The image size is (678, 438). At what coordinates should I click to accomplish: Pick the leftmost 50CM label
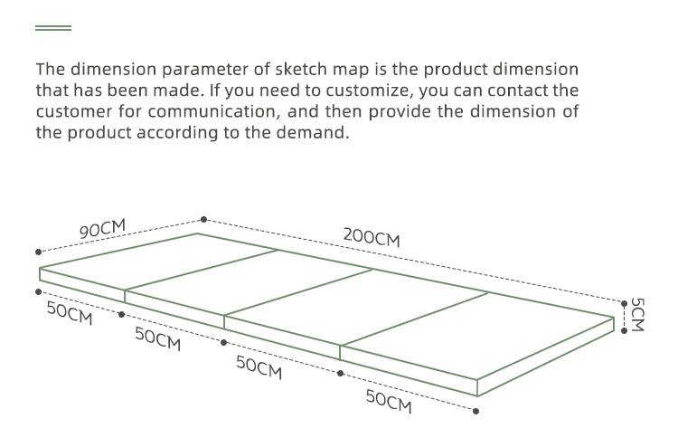[x=69, y=314]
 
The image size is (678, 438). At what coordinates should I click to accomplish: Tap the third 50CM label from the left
[x=259, y=367]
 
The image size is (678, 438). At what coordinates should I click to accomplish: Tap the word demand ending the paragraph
[x=315, y=132]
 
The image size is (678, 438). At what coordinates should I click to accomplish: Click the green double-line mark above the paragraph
[x=52, y=29]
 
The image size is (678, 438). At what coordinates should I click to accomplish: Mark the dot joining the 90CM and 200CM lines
[x=203, y=219]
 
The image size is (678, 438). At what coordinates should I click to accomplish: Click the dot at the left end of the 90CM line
[x=37, y=252]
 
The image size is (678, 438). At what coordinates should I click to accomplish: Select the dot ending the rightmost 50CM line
[x=476, y=412]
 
